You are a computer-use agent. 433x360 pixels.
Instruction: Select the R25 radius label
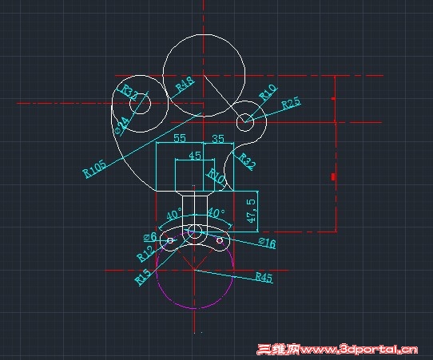(x=290, y=103)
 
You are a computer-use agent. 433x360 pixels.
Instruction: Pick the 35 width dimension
(x=217, y=139)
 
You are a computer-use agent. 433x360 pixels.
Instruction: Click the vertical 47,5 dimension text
(x=251, y=209)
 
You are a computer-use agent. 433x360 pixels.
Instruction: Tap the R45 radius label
(x=264, y=277)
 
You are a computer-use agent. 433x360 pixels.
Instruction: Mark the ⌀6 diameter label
(x=149, y=237)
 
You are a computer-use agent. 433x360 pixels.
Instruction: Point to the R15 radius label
(x=143, y=276)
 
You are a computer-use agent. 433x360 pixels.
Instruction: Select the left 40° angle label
(x=173, y=215)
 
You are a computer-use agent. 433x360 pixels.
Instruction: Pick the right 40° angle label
(x=216, y=214)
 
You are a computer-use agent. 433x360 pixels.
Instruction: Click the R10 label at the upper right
(x=267, y=92)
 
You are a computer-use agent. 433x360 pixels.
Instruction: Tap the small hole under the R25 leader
(x=245, y=121)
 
